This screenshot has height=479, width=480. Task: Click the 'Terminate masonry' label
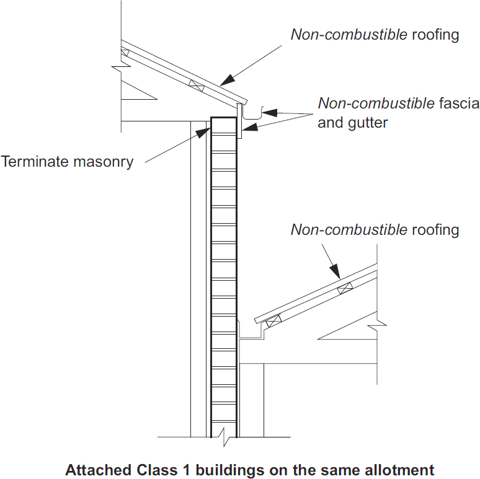pyautogui.click(x=67, y=162)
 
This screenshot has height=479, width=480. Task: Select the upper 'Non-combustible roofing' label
pyautogui.click(x=375, y=34)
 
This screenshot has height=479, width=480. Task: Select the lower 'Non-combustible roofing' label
pyautogui.click(x=375, y=230)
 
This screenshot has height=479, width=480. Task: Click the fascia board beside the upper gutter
pyautogui.click(x=239, y=120)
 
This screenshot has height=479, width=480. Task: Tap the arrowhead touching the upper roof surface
pyautogui.click(x=227, y=80)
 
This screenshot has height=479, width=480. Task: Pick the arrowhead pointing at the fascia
pyautogui.click(x=247, y=128)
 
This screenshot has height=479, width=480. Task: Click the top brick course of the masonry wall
pyautogui.click(x=224, y=126)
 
